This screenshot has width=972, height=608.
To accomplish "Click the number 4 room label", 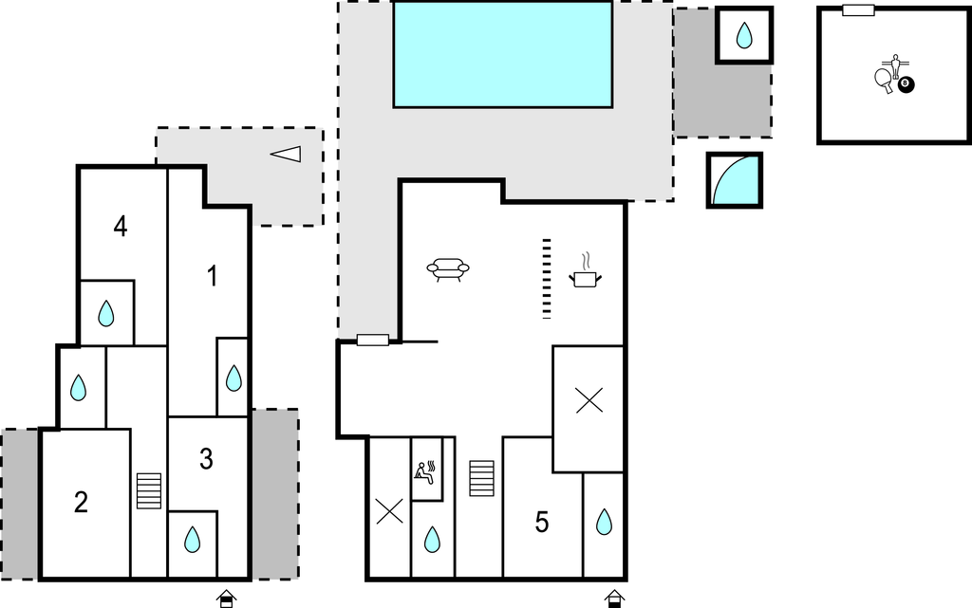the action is coord(121,227).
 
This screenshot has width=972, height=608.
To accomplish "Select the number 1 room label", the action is coord(213,276).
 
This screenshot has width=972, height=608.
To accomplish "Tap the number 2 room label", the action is coord(81,502).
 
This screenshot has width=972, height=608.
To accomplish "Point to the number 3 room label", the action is coord(206,459).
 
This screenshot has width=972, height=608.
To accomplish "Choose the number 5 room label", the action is coord(542,523).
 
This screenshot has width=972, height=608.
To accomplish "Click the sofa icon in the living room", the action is coord(448,269).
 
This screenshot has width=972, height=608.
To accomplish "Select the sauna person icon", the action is coord(425,473).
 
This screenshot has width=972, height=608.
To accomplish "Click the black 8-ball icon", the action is coord(906,83).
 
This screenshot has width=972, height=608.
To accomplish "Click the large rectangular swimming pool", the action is coord(503,54).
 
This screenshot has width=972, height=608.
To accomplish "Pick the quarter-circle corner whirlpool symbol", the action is coord(735,180).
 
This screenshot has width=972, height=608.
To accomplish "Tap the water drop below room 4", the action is coord(106,313).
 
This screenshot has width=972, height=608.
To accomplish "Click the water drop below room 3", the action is coord(192,540).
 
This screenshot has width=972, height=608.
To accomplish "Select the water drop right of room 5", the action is coord(604,522).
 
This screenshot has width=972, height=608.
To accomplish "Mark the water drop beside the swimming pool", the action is coord(744,35).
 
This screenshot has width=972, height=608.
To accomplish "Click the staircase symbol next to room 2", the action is coord(149,491).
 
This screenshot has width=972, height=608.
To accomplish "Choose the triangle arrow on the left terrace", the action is coord(286,155).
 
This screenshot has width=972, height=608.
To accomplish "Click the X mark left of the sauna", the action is coord(389,511).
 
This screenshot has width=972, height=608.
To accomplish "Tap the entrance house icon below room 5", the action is coord(614,599).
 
